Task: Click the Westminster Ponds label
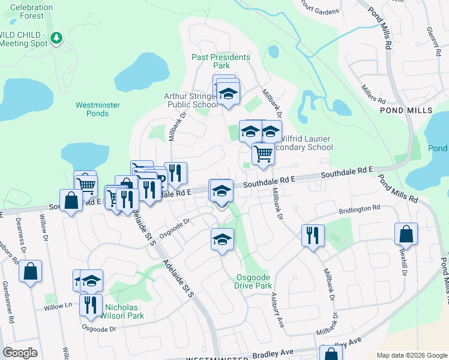[x=98, y=109]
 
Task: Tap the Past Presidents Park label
[x=220, y=61]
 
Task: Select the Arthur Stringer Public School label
[x=191, y=100]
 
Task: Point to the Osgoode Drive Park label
[x=252, y=281]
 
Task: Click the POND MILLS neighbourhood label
[x=406, y=111]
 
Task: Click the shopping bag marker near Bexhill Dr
[x=406, y=236]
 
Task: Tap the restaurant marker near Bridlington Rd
[x=313, y=235]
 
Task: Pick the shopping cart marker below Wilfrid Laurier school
[x=263, y=155]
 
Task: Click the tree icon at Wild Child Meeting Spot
[x=56, y=38]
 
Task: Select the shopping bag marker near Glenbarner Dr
[x=30, y=272]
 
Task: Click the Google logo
[x=20, y=353]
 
